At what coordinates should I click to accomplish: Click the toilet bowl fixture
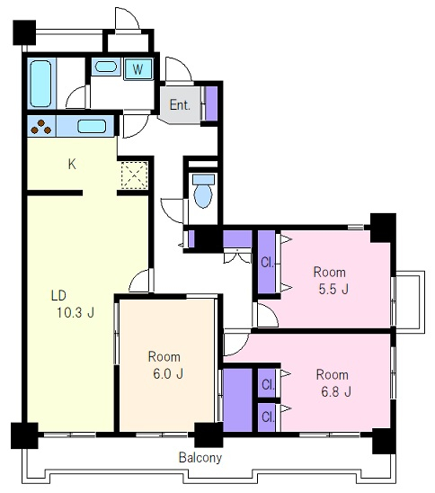pyautogui.click(x=203, y=195)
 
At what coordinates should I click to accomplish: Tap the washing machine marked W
pyautogui.click(x=138, y=68)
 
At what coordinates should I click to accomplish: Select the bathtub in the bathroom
pyautogui.click(x=40, y=84)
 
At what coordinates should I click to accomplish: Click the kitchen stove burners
pyautogui.click(x=40, y=126)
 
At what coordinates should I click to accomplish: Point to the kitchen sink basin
pyautogui.click(x=92, y=126)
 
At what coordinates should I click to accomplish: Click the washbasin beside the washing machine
pyautogui.click(x=106, y=67)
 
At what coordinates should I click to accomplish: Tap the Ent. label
pyautogui.click(x=180, y=105)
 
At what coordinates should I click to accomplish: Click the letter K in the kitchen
pyautogui.click(x=72, y=164)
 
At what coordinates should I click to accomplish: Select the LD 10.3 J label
pyautogui.click(x=73, y=304)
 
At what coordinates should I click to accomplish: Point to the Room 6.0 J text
pyautogui.click(x=165, y=365)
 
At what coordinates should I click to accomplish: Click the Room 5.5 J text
pyautogui.click(x=331, y=281)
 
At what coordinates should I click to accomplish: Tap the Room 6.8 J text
pyautogui.click(x=333, y=383)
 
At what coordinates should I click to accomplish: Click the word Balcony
pyautogui.click(x=200, y=458)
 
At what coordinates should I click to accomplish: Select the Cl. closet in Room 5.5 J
pyautogui.click(x=267, y=262)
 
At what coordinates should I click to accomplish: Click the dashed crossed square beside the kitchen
pyautogui.click(x=135, y=175)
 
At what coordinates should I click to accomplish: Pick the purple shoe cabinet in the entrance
pyautogui.click(x=211, y=103)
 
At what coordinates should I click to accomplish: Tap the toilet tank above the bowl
pyautogui.click(x=203, y=180)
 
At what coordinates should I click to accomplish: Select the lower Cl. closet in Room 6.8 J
pyautogui.click(x=267, y=417)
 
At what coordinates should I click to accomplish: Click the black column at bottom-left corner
pyautogui.click(x=24, y=435)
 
